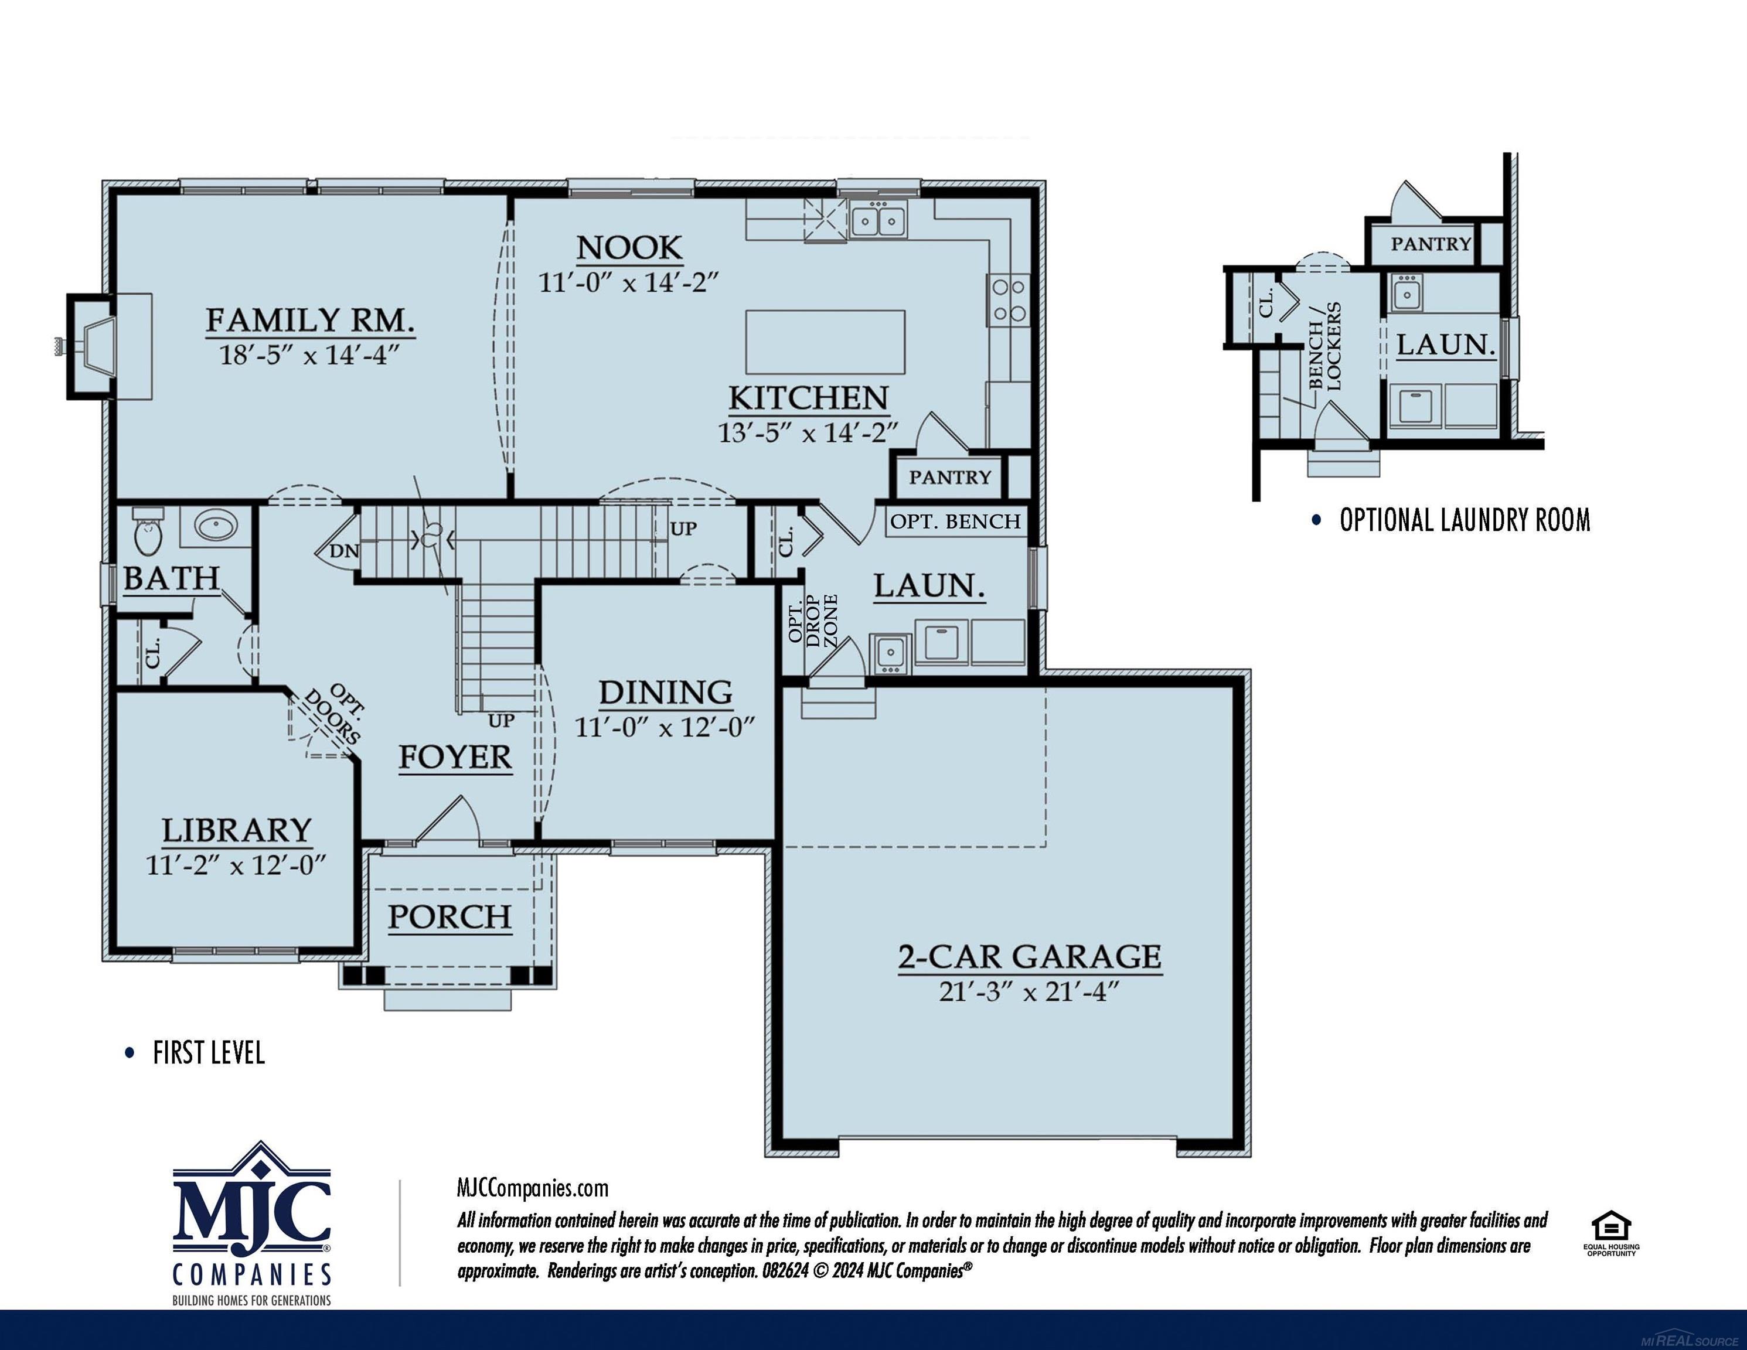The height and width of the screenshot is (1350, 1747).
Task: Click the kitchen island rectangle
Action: (x=825, y=342)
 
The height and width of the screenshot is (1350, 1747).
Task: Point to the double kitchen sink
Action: (x=878, y=220)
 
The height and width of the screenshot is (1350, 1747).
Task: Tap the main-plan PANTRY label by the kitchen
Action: (x=949, y=478)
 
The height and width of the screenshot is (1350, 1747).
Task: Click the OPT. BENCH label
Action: (x=955, y=521)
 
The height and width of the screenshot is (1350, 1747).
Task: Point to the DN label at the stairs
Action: (x=344, y=551)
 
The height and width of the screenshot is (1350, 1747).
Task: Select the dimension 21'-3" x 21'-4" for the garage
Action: (x=1029, y=992)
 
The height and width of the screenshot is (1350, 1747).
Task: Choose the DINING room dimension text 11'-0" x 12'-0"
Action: (x=665, y=727)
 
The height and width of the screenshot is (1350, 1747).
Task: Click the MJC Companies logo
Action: (x=252, y=1222)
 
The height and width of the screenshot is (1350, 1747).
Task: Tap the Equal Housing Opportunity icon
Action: (x=1611, y=1234)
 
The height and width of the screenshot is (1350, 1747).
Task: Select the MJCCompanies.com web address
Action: (x=532, y=1188)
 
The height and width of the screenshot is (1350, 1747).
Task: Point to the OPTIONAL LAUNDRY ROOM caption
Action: (x=1464, y=521)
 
